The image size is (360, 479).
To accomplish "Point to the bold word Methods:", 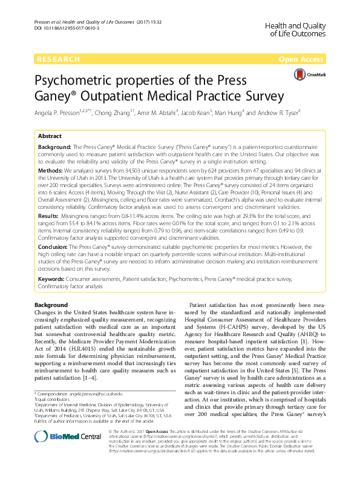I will (51, 170).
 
